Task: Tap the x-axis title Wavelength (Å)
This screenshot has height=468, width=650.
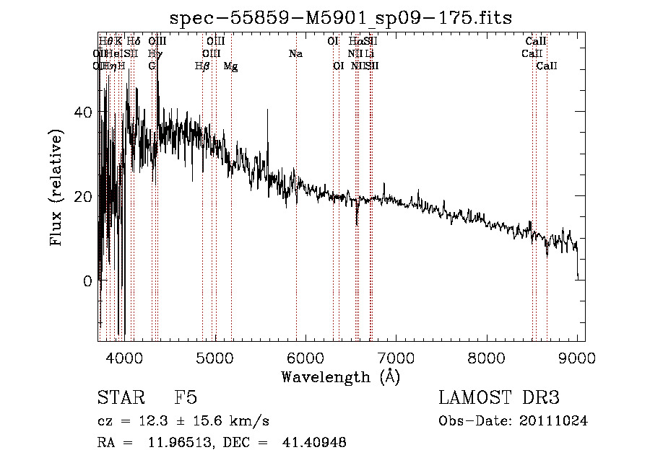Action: (x=340, y=376)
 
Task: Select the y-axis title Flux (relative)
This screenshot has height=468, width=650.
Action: (x=57, y=190)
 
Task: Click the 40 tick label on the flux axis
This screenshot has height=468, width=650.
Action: (x=84, y=112)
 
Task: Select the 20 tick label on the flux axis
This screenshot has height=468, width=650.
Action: (x=84, y=197)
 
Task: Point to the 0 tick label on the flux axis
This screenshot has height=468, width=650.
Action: (x=88, y=281)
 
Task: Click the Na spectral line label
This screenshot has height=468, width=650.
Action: (x=295, y=54)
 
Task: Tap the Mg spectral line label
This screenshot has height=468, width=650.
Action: (x=230, y=66)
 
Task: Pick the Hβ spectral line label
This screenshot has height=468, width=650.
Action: (x=202, y=66)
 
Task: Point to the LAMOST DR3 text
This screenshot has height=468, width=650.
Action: (x=498, y=398)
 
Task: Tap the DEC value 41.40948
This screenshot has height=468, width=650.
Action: (x=313, y=443)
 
